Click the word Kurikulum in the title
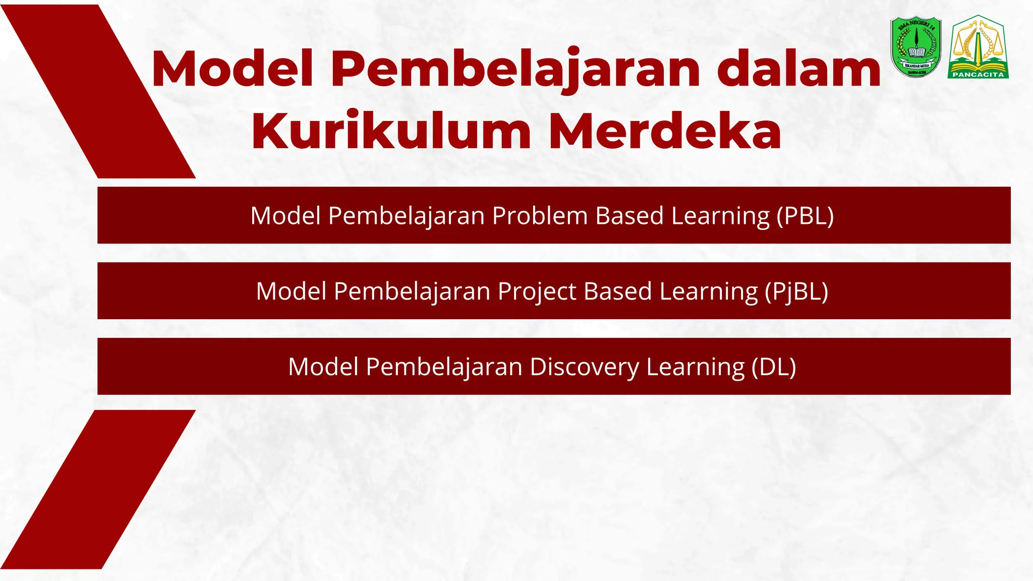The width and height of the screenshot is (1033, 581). pos(391,131)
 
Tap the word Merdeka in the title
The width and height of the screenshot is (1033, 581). pos(665,131)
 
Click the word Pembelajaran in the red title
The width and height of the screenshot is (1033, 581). pos(515,70)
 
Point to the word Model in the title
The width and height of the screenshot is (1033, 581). pos(233,70)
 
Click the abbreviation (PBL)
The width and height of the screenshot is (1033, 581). pos(805,216)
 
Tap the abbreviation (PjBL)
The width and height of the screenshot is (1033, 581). pos(796,292)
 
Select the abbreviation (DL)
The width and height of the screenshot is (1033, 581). pos(773,367)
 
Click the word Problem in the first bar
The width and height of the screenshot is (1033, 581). pos(540,216)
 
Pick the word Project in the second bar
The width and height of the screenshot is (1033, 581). pos(537,292)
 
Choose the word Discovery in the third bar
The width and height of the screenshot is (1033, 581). pos(584,367)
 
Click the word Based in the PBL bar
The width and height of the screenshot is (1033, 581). pos(629,216)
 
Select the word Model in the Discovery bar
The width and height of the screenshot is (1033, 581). pos(323,367)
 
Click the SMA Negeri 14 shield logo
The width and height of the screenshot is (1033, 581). pos(915,46)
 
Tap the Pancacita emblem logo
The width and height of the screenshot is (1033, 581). pos(978,46)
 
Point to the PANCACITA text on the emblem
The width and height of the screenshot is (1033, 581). pos(978,75)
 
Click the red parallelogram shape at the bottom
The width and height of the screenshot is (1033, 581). pos(98,489)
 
